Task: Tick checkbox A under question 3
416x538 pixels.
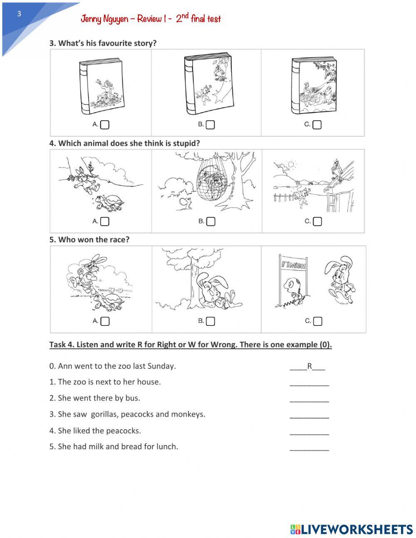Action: (x=105, y=125)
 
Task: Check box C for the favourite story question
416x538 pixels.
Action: (x=317, y=125)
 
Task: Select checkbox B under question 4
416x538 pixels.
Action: (x=211, y=221)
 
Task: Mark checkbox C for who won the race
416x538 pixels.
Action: (x=317, y=321)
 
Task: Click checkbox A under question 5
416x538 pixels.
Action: (x=105, y=321)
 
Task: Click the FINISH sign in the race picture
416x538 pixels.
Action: (x=294, y=265)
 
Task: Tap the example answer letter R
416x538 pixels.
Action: (x=310, y=366)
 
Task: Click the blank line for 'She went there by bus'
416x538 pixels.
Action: (x=309, y=399)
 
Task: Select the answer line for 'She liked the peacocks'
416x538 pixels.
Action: (x=309, y=432)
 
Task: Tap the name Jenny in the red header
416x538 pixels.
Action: (x=91, y=19)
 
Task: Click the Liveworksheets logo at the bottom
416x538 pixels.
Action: (x=352, y=529)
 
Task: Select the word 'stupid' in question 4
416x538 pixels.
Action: (x=186, y=143)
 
